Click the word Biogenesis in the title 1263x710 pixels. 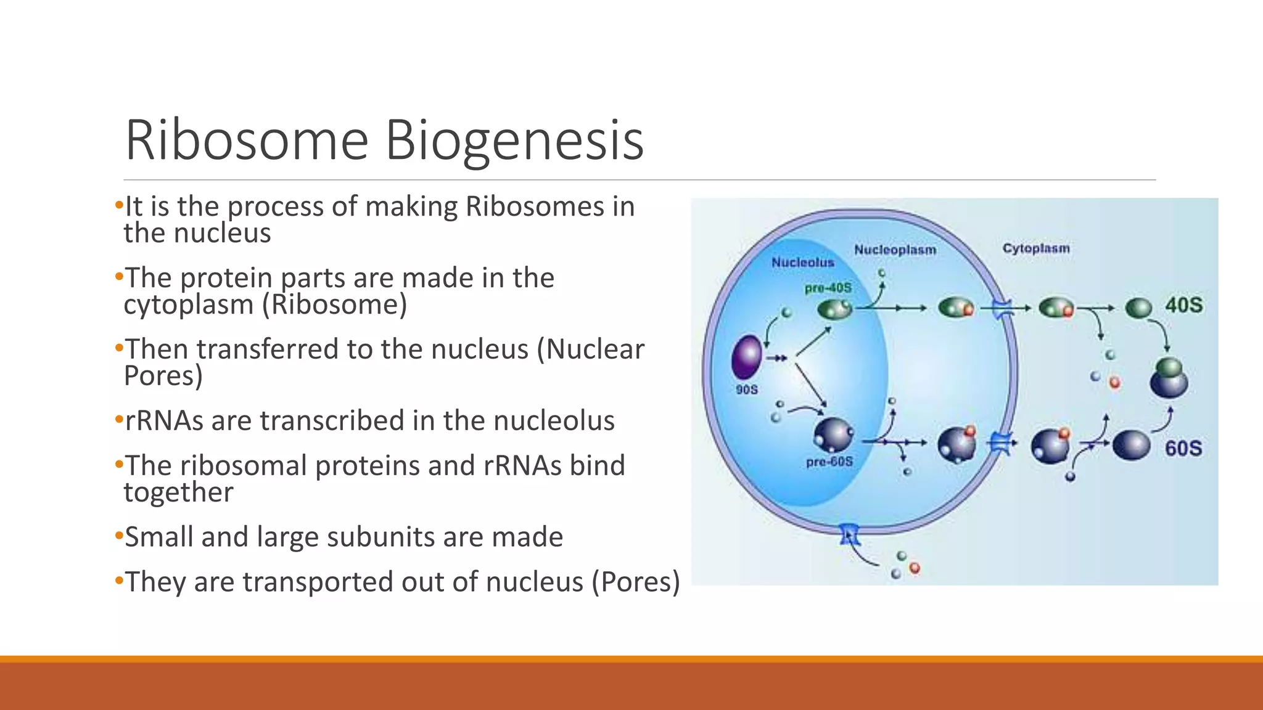514,141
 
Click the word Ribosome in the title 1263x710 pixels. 247,141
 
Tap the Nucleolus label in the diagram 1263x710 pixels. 802,263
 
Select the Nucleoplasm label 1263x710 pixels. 895,250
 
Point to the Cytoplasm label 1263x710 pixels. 1036,248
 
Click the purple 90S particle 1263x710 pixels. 746,357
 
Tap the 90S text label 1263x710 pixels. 746,390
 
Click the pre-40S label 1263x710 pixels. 828,288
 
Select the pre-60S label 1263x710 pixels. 829,462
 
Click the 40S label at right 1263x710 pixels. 1183,305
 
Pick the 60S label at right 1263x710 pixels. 1183,448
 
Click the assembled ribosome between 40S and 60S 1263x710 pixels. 1169,378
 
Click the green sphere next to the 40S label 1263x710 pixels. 1138,308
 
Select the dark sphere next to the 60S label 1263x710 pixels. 1131,445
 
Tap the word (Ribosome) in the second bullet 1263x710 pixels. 339,304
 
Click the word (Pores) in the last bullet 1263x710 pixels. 636,582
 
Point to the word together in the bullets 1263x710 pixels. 178,492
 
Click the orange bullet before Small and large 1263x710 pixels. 119,536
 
